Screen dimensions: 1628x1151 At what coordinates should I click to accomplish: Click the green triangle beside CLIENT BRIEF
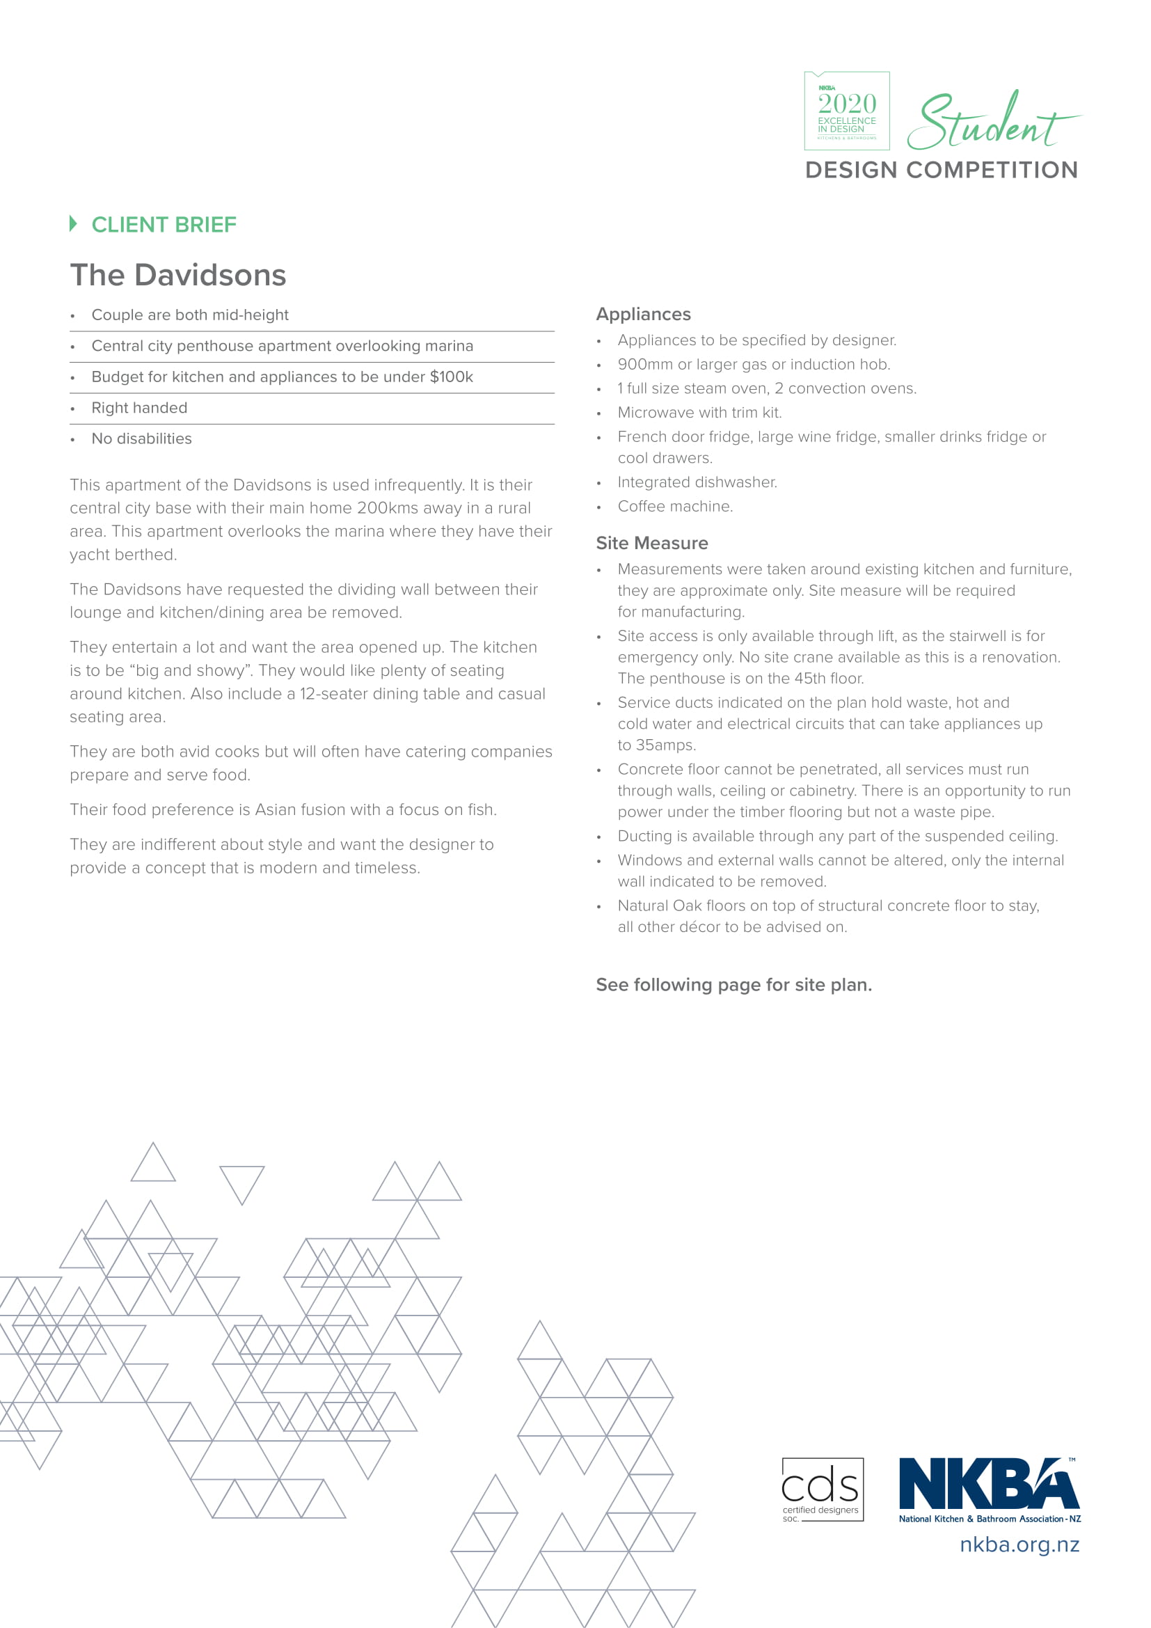tap(73, 223)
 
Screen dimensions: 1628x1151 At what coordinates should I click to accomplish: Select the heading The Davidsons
tap(178, 275)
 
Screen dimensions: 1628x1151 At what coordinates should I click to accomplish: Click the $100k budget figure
tap(451, 377)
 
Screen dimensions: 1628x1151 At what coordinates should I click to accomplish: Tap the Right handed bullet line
tap(139, 408)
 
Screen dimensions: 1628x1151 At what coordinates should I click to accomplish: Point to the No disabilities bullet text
tap(141, 439)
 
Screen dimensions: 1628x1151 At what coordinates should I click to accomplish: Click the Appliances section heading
tap(643, 314)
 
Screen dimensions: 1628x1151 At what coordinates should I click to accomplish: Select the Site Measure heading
tap(651, 543)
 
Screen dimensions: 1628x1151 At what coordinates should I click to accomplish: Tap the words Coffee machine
tap(675, 506)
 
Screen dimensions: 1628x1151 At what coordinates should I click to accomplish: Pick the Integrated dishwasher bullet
tap(697, 482)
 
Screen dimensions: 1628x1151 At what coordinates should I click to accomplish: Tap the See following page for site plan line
tap(733, 985)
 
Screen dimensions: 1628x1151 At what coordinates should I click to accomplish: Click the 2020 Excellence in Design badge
tap(846, 111)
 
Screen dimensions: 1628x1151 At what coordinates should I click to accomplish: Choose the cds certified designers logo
tap(822, 1489)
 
